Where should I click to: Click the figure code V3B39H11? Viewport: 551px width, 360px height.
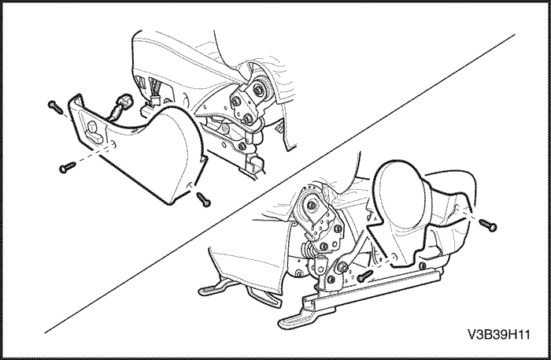[498, 334]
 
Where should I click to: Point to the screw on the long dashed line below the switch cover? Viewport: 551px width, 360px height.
[68, 167]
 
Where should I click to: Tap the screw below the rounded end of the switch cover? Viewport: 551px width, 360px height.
[204, 199]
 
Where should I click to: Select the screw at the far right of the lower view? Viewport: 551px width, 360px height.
[489, 225]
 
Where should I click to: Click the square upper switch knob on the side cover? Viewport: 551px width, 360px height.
[93, 126]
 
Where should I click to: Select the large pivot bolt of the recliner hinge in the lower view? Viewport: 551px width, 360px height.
[311, 205]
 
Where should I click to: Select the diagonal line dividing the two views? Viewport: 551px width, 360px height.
[280, 184]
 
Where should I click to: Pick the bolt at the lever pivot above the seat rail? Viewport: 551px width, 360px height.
[341, 267]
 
